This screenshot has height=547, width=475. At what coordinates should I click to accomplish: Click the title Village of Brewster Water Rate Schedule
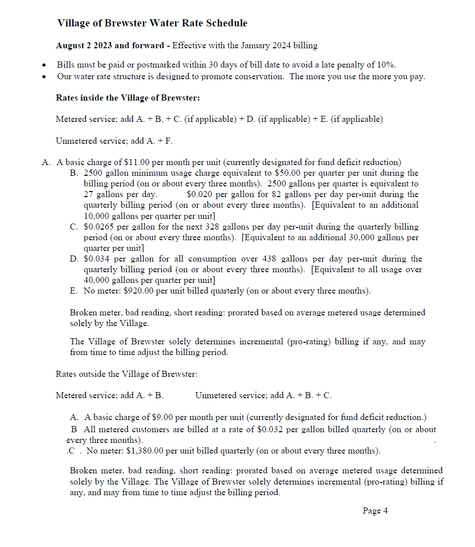[152, 23]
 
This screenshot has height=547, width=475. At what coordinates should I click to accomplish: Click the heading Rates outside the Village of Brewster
[126, 374]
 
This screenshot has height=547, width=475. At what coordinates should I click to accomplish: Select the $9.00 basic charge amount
[162, 417]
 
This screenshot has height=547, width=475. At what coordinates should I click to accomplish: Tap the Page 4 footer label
[375, 511]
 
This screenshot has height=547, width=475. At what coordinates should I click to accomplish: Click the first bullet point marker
[45, 66]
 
